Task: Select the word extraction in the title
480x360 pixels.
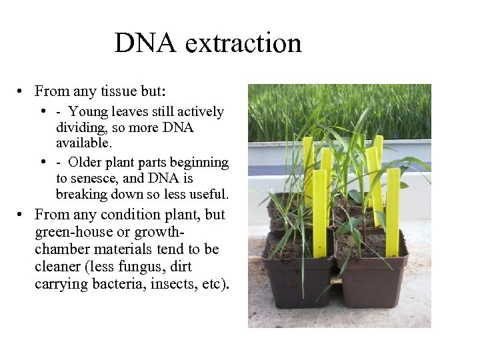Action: click(243, 44)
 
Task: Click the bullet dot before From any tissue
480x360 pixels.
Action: click(22, 91)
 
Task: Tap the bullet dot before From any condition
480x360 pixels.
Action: click(22, 215)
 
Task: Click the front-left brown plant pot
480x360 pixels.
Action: click(298, 280)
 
